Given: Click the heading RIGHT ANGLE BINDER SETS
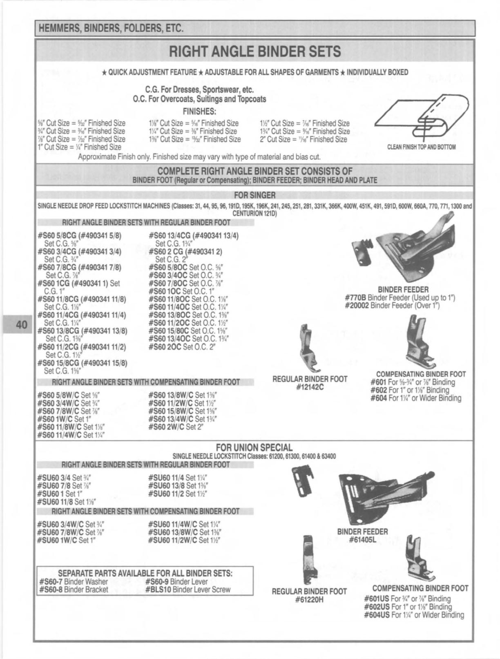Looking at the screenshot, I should (255, 52).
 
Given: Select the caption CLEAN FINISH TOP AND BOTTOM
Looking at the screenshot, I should (422, 147).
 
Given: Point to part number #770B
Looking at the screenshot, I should (355, 298).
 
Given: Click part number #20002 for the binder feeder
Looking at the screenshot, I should (357, 306).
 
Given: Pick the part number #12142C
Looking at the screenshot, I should (310, 387).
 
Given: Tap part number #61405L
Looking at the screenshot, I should (362, 540).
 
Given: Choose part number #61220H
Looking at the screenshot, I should (309, 599).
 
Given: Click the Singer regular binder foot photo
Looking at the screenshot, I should (306, 347).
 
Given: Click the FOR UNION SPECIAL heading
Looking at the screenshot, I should (254, 447).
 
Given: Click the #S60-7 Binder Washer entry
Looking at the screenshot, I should (74, 582).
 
